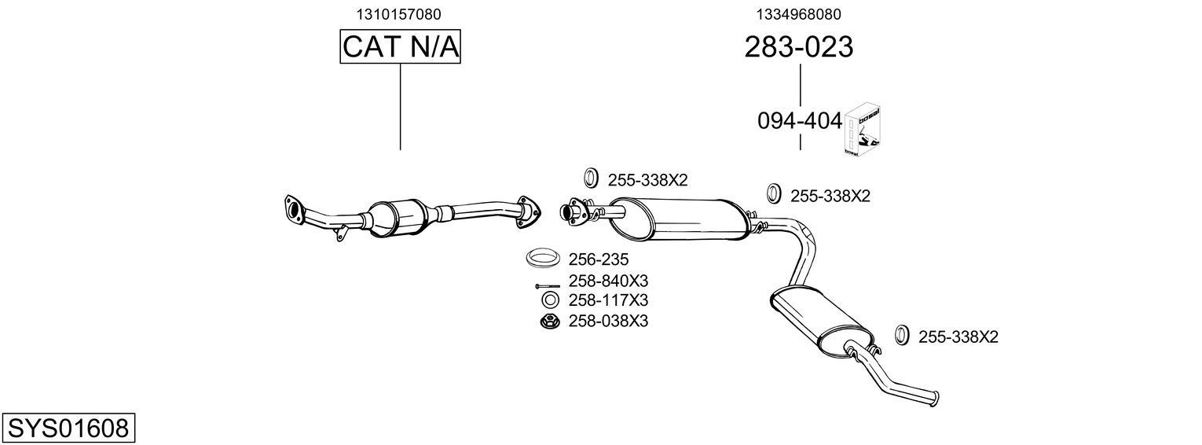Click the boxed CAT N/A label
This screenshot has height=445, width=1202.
coord(400,47)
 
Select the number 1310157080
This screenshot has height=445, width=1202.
coord(400,13)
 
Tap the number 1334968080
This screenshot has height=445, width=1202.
coord(799,13)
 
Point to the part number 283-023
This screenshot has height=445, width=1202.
coord(799,47)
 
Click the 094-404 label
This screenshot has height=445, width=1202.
coord(799,121)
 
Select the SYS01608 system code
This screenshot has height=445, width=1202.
coord(68,428)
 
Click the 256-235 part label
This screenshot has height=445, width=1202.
coord(598,259)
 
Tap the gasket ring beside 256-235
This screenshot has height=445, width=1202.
coord(543,257)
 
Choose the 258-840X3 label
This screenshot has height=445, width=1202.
coord(608,281)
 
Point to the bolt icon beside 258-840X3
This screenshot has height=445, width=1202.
coord(548,285)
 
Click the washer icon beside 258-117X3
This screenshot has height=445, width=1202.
coord(549,300)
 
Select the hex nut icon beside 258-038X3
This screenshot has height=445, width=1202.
coord(549,321)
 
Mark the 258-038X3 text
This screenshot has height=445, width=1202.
coord(608,321)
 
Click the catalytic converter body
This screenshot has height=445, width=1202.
coord(397,216)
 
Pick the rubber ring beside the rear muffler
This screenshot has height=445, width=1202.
coord(902,335)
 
